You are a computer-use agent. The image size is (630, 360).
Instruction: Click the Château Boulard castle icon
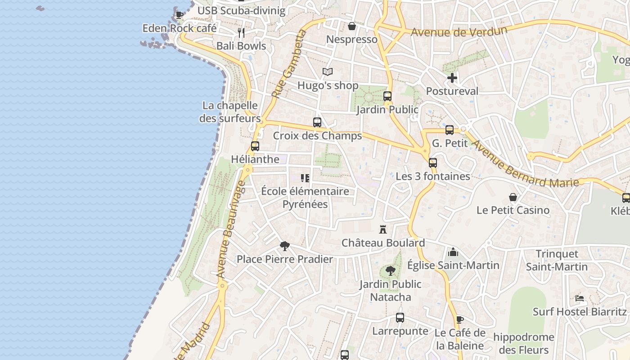[383, 229]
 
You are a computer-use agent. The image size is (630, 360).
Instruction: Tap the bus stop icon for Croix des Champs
[317, 122]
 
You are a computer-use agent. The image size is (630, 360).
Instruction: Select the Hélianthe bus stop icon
[255, 146]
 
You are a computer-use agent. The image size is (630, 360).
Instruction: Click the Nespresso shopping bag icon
[352, 26]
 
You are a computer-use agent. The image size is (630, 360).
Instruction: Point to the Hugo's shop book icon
[328, 72]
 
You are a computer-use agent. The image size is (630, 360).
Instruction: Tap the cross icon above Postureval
[452, 78]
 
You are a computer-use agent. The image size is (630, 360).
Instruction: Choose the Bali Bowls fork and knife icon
[241, 32]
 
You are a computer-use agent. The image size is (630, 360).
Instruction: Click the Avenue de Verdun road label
[459, 32]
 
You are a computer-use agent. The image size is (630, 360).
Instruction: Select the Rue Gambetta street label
[288, 64]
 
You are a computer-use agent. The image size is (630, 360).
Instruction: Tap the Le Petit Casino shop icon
[513, 197]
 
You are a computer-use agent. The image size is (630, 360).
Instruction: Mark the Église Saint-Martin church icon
[453, 252]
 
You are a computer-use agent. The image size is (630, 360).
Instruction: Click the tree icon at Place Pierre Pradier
[284, 246]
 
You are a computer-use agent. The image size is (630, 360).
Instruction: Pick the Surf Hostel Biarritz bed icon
[580, 298]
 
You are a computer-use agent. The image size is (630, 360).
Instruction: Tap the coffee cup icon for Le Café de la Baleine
[459, 319]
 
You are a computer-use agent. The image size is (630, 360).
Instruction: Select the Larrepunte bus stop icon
[400, 318]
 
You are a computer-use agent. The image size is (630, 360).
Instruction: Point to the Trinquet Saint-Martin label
[557, 261]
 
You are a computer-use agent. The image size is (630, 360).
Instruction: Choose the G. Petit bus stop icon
[449, 130]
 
